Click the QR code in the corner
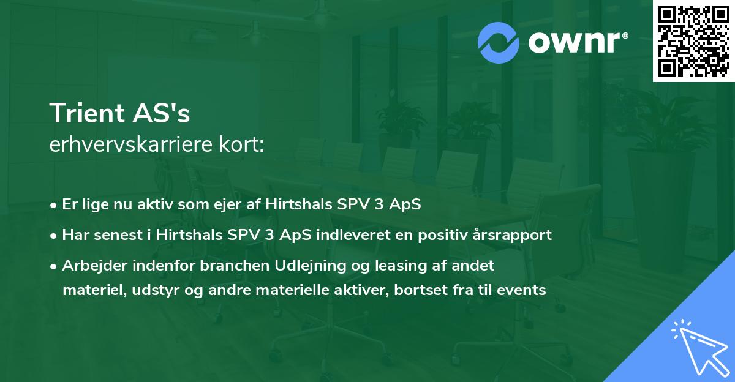(693, 41)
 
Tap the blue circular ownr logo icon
(498, 43)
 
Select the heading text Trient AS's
(120, 114)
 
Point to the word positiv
(447, 234)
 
